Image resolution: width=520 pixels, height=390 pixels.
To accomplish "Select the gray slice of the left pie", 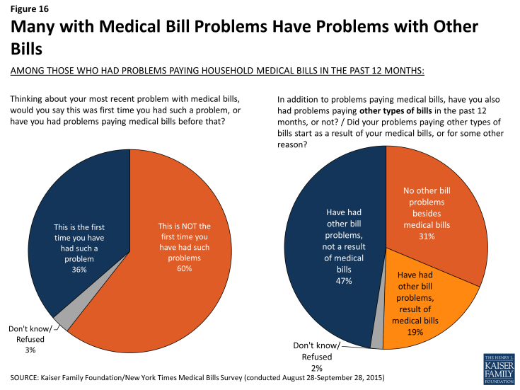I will pos(62,320).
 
